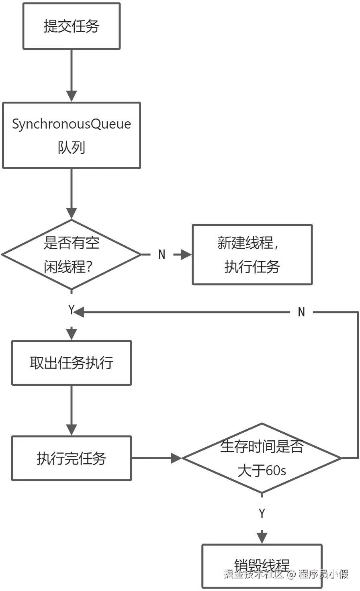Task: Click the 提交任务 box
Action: (71, 27)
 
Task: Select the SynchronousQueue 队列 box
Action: (71, 135)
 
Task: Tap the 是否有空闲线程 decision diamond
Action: (71, 254)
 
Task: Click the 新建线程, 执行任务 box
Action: (252, 254)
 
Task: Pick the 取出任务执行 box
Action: (71, 363)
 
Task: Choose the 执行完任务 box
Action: (71, 458)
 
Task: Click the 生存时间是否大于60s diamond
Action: (262, 458)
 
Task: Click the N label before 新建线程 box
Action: (162, 254)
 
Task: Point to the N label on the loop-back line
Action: (301, 312)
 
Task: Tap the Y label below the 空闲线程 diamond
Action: (71, 310)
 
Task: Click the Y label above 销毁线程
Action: (262, 513)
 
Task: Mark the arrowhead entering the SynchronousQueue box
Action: (71, 96)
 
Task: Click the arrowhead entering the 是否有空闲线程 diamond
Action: (71, 213)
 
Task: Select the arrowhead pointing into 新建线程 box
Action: (186, 254)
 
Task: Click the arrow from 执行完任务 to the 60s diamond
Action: (157, 458)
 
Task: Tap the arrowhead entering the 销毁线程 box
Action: (262, 538)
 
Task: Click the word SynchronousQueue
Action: (71, 124)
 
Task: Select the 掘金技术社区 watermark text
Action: (254, 574)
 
